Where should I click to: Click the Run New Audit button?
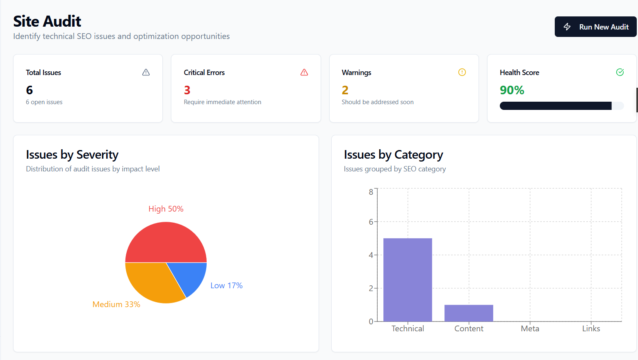pos(595,27)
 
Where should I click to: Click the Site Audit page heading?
pos(47,21)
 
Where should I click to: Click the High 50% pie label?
pos(166,209)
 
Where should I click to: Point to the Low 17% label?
pos(226,285)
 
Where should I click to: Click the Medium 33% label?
pos(116,304)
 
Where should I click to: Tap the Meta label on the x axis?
pos(530,328)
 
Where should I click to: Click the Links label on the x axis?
pos(591,328)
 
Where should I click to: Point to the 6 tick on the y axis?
pos(371,222)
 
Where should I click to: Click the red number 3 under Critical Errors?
pos(187,90)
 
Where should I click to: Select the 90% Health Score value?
pos(512,90)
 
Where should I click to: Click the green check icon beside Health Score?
pos(620,72)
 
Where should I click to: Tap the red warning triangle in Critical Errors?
pos(304,72)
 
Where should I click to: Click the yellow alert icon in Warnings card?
pos(462,72)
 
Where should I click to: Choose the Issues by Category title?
pos(393,155)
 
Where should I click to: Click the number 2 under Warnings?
pos(345,90)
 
